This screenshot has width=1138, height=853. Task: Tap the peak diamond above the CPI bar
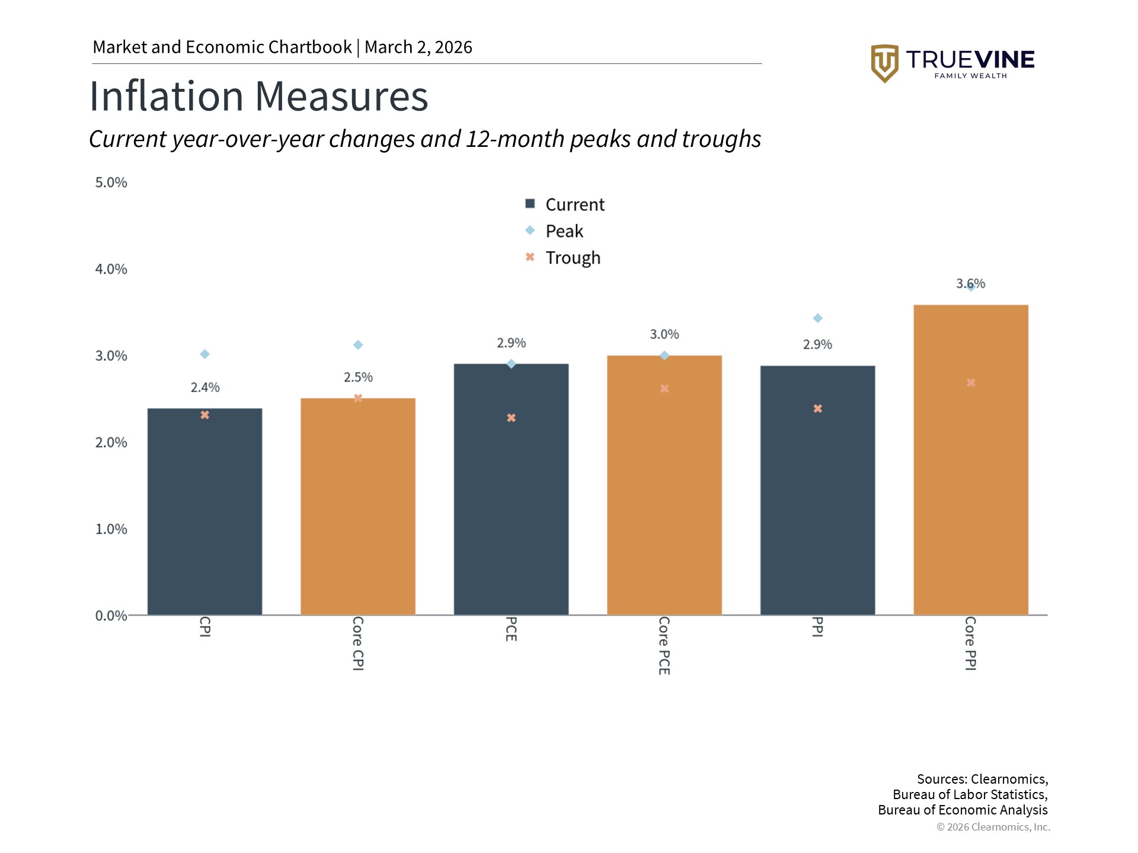coord(204,354)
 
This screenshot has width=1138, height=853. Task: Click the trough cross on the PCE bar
coord(511,418)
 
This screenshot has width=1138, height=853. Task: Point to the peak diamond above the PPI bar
coord(817,319)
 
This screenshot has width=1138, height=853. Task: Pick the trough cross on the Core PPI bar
coord(971,383)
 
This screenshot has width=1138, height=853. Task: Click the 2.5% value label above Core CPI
coord(358,377)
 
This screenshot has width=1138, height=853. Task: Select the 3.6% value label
coord(970,284)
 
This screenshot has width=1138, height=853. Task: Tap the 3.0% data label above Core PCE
coord(664,335)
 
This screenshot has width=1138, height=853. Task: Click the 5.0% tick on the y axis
coord(111,182)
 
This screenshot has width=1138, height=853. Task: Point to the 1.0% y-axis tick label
coord(111,529)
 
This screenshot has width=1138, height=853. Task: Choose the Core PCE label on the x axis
coord(664,645)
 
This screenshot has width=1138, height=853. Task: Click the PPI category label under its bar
coord(817,627)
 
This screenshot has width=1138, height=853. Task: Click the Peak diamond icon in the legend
coord(530,230)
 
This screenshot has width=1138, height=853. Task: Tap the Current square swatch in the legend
coord(530,204)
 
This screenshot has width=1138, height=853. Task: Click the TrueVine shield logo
coord(884,63)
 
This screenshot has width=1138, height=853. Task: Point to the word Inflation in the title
coord(166,97)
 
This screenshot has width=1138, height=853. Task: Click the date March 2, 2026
coord(418,47)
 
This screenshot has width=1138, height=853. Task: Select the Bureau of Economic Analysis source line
coord(963,810)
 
